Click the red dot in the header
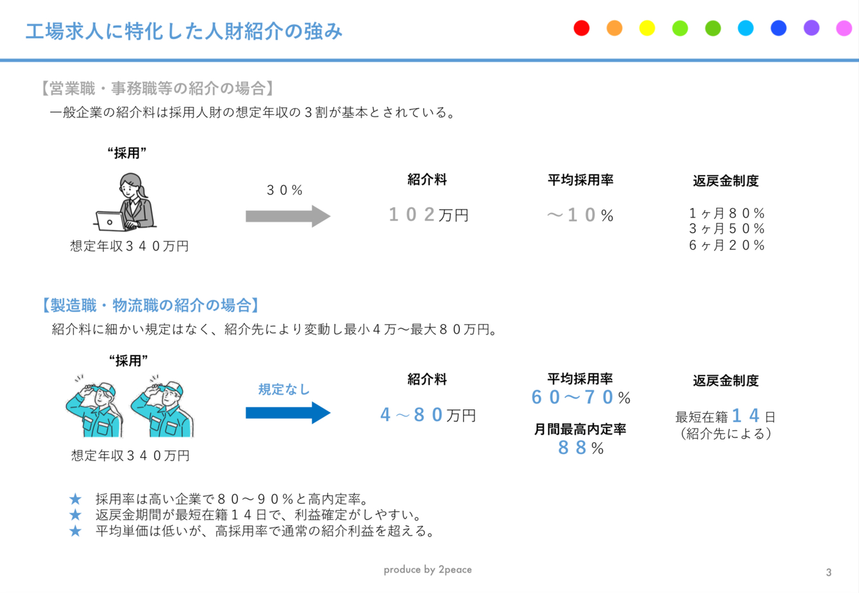coord(582,28)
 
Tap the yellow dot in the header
coord(647,28)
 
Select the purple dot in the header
coord(811,28)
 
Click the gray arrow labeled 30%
coord(288,216)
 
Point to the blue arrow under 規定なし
coord(288,413)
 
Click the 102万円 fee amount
coord(428,214)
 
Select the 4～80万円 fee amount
coord(428,415)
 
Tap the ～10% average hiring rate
coord(580,215)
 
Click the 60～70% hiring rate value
coord(580,397)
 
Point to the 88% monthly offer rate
coord(580,447)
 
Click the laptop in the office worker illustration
coord(110,221)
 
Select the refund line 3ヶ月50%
coord(727,228)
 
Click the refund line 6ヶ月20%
coord(727,245)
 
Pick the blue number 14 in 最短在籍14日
coord(746,415)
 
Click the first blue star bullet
coord(75,499)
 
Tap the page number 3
coord(829,573)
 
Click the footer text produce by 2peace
coord(428,570)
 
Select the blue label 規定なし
coord(284,390)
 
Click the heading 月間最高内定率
coord(580,429)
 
